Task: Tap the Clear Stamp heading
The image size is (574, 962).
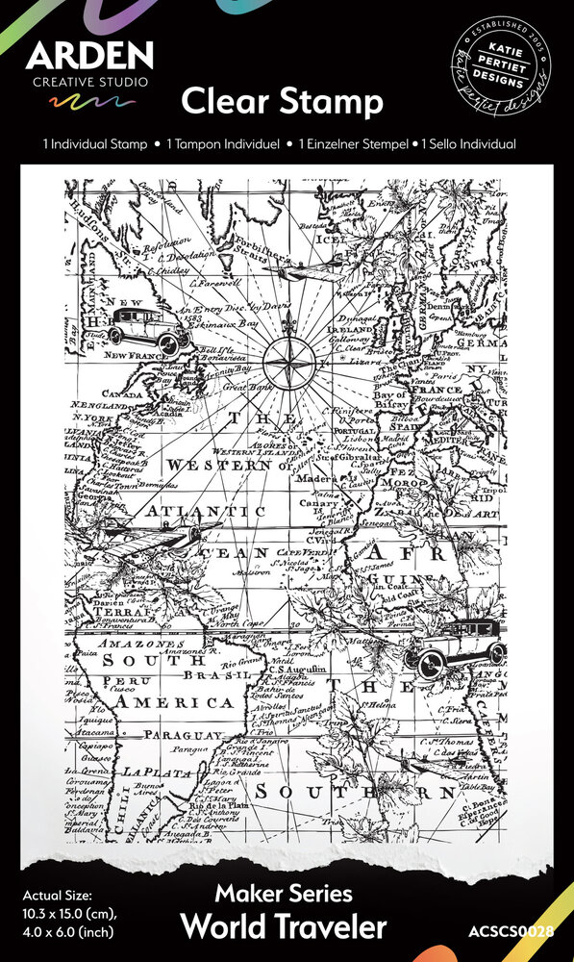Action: pyautogui.click(x=283, y=101)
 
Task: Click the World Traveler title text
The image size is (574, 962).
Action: pyautogui.click(x=283, y=926)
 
